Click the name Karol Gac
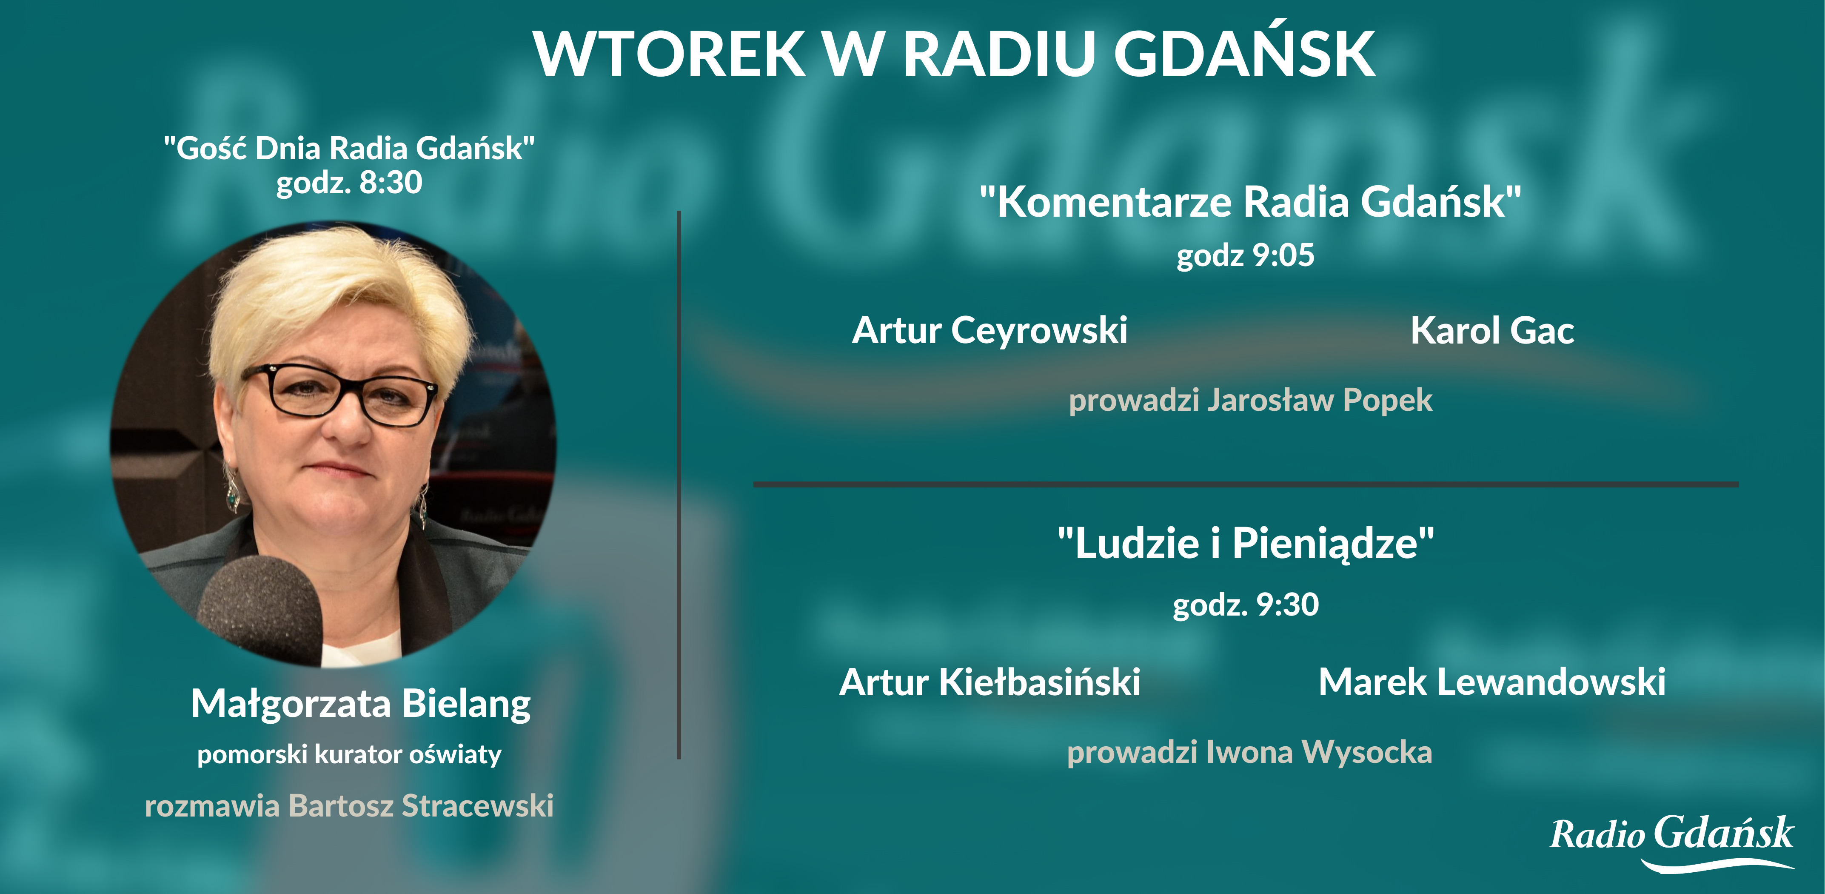coord(1492,330)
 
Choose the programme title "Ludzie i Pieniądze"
coord(1246,543)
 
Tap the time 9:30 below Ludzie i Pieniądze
coord(1286,605)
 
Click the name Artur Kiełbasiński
coord(990,682)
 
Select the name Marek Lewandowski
coord(1492,682)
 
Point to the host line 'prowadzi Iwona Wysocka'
coord(1250,752)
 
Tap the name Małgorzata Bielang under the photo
coord(361,705)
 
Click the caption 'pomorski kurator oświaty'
coord(349,754)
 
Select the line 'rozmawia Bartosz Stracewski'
coord(349,806)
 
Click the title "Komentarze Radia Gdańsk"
coord(1250,202)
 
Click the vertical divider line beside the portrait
coord(679,485)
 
